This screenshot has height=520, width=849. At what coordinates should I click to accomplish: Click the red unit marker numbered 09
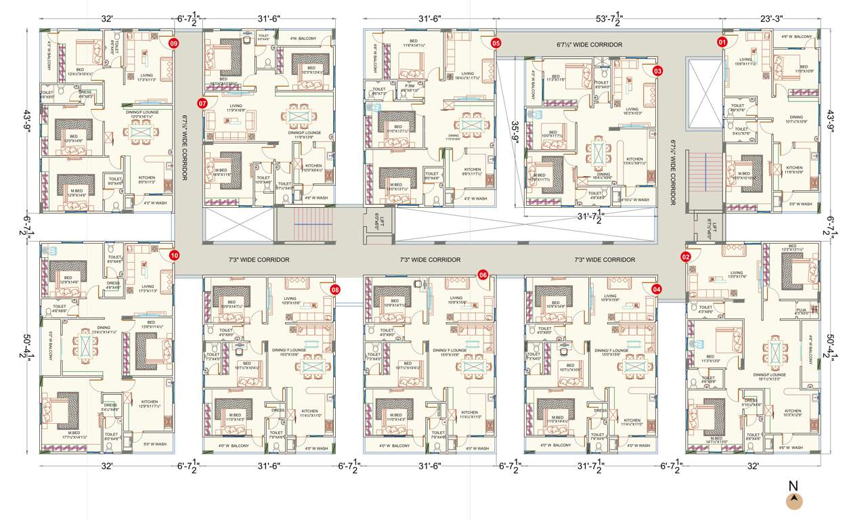point(174,43)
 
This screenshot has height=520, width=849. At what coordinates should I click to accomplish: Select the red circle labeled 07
point(202,104)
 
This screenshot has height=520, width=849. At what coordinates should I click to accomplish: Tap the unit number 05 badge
point(496,43)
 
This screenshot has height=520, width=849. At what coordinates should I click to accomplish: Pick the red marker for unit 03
point(657,70)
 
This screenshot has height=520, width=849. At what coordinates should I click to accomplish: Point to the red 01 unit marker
point(722,42)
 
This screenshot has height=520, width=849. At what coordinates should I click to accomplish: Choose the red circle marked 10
point(174,256)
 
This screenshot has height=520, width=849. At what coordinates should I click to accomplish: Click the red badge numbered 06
point(483,275)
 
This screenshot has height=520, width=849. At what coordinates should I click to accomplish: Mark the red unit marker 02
point(685,257)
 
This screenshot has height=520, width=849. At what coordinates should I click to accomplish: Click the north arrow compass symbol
point(793,500)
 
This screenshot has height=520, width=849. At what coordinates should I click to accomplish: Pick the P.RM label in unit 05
point(410,86)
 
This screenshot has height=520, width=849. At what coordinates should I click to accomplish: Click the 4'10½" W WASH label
point(634,200)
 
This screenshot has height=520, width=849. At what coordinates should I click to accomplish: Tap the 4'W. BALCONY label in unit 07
point(304,39)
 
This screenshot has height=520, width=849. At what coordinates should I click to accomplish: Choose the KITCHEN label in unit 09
point(147,178)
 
